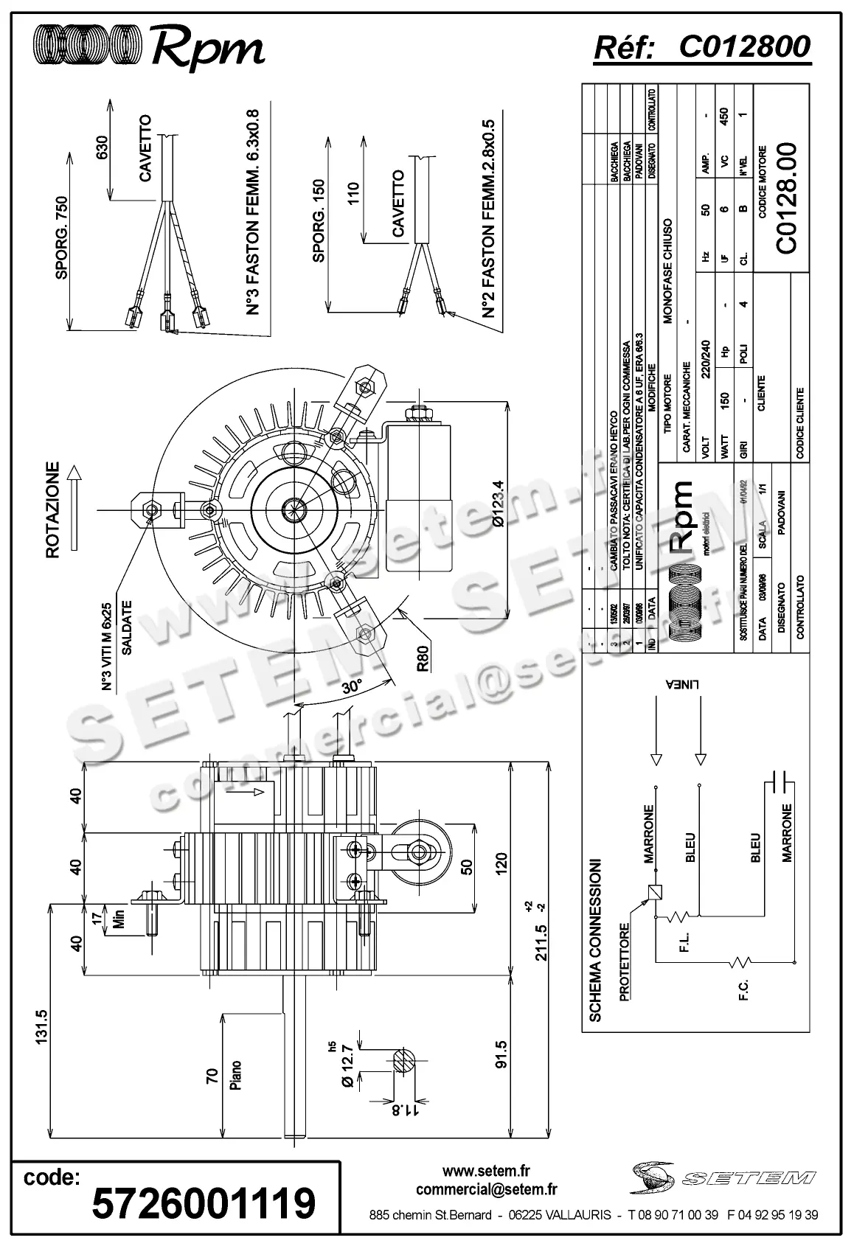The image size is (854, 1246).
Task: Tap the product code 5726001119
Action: pyautogui.click(x=204, y=1203)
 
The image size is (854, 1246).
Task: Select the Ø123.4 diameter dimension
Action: pyautogui.click(x=498, y=503)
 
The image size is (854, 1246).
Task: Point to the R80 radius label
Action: pyautogui.click(x=423, y=658)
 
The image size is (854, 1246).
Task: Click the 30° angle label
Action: pyautogui.click(x=353, y=685)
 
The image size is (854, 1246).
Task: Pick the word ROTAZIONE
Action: pyautogui.click(x=52, y=509)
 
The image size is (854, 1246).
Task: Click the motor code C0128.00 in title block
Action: pyautogui.click(x=787, y=198)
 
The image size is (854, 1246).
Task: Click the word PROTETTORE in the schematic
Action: pyautogui.click(x=625, y=962)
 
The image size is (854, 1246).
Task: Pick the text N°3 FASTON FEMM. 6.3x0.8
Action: pyautogui.click(x=252, y=213)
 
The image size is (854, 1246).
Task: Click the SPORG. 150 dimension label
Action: pyautogui.click(x=319, y=220)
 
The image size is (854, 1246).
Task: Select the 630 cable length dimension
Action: pyautogui.click(x=103, y=147)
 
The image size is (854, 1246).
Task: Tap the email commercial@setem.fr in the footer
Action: pyautogui.click(x=486, y=1188)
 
